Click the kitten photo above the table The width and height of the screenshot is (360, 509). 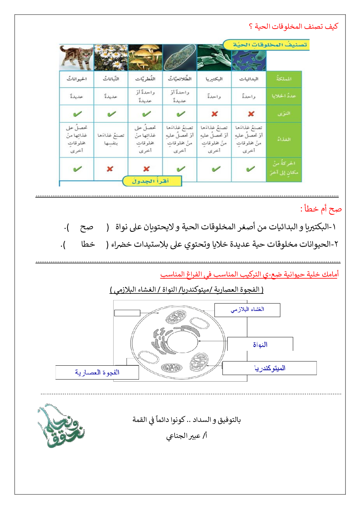[x=77, y=57]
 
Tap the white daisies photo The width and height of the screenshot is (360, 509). [x=111, y=57]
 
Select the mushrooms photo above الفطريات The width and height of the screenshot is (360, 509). [x=146, y=57]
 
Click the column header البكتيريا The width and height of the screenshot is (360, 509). [x=214, y=79]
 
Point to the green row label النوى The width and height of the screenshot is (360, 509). [x=284, y=114]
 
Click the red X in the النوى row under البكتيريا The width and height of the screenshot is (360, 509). [x=214, y=114]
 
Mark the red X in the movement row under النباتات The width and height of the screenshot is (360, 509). [x=110, y=169]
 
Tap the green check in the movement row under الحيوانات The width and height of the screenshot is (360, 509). [x=77, y=169]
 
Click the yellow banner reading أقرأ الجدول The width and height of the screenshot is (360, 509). [x=151, y=181]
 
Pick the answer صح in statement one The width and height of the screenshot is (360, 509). [x=87, y=227]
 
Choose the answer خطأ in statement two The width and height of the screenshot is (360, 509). [x=88, y=244]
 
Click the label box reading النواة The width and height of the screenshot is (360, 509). [x=260, y=344]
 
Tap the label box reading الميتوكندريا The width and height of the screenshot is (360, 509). [x=269, y=368]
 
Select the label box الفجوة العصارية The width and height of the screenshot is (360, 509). [x=97, y=372]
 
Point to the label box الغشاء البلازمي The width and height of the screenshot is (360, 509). [x=247, y=310]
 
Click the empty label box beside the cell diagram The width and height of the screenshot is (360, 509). [x=127, y=313]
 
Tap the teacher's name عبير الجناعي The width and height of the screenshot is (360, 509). [x=187, y=436]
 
